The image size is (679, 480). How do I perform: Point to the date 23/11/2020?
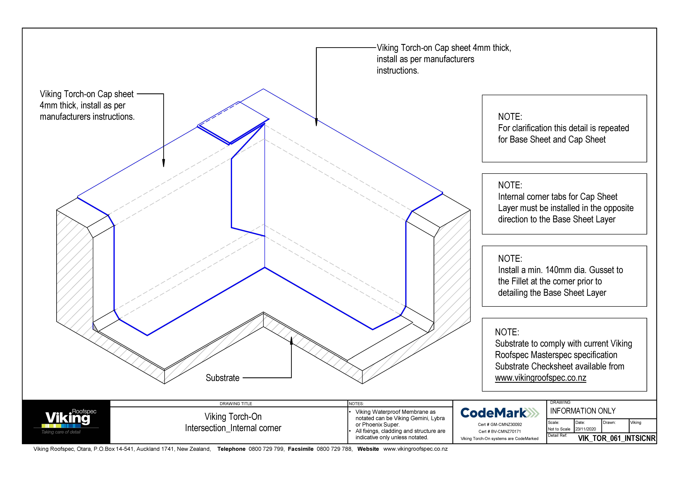click(586, 429)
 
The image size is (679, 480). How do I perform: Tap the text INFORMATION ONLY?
click(583, 411)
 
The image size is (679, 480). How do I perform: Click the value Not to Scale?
click(559, 429)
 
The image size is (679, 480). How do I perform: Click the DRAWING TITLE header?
click(236, 403)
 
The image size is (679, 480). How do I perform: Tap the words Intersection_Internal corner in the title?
click(233, 428)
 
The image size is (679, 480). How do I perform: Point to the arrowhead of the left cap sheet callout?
click(163, 163)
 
